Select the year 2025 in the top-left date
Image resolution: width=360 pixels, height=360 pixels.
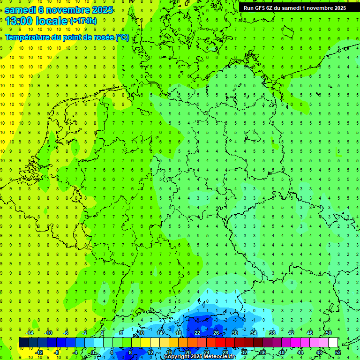coord(100,9)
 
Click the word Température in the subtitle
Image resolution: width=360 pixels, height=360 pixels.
coord(28,37)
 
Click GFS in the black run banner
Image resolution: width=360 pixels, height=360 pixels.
coord(261,7)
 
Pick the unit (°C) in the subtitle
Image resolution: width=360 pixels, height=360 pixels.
coord(122,37)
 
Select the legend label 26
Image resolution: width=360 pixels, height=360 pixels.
coord(216,333)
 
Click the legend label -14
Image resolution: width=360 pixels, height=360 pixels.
coord(30,333)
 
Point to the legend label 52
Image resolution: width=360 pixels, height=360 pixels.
coord(338,352)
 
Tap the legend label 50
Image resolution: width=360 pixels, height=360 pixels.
coord(328,333)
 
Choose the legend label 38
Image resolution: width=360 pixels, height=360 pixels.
coord(272,333)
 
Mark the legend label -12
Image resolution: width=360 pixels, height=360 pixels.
coord(39,352)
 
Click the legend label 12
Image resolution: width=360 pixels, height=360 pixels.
coord(150,352)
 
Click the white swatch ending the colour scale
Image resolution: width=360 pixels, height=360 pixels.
coord(333,343)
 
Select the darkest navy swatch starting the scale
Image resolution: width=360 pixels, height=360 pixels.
coord(23,343)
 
